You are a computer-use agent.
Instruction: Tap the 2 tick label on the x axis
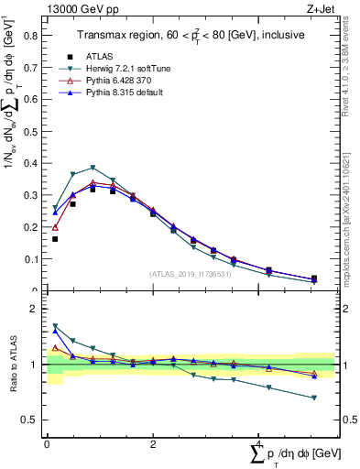pyautogui.click(x=152, y=443)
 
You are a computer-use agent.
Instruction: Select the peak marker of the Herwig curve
pyautogui.click(x=93, y=168)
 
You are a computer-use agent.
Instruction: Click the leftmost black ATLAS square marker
pyautogui.click(x=55, y=239)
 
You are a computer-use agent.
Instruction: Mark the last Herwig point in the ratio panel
pyautogui.click(x=314, y=398)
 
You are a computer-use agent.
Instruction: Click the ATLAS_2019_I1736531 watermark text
pyautogui.click(x=190, y=274)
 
